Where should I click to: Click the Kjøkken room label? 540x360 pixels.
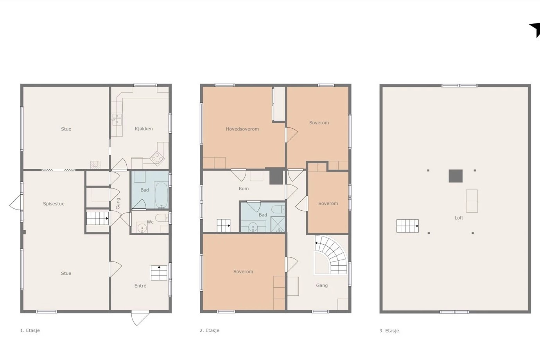coord(144,129)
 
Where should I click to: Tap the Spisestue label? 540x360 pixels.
coord(54,204)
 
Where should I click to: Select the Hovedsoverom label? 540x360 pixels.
coord(242,129)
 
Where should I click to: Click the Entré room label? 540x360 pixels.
coord(140,286)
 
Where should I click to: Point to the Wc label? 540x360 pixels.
coord(150,222)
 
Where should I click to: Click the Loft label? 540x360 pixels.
coord(459,218)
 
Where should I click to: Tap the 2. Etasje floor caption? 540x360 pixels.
coord(210,330)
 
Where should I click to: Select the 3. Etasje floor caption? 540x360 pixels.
coord(389,331)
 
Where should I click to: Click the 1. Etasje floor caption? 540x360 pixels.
coord(30,330)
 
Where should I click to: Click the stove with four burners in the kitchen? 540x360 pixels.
coord(157,159)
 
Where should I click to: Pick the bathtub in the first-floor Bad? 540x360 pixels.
coord(161,195)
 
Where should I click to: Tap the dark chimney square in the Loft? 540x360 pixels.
coord(456,176)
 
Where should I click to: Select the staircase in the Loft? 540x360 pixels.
coord(408,226)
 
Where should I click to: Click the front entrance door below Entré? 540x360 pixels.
coord(140,318)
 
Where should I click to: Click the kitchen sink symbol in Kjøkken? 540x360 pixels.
coord(117,119)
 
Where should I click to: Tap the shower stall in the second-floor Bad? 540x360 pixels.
coord(278,224)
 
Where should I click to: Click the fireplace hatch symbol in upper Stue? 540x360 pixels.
coord(95,165)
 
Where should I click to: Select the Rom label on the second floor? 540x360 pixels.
coord(244,189)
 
